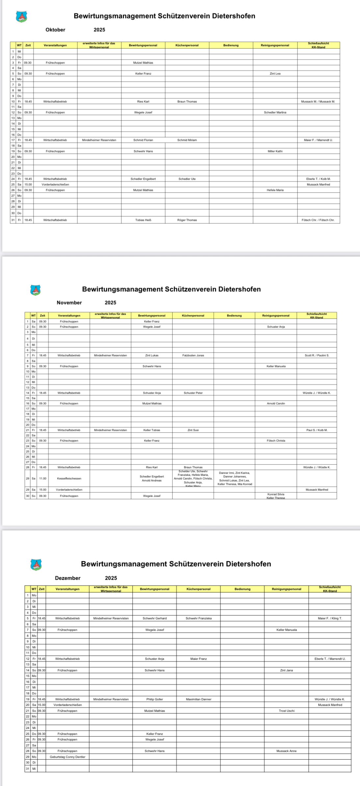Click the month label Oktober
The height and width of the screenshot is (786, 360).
(55, 30)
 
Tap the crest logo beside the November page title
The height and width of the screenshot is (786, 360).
(35, 290)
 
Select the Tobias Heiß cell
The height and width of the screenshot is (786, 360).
(143, 220)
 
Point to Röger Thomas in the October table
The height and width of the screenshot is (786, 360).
(187, 220)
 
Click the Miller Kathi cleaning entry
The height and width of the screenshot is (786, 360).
(275, 151)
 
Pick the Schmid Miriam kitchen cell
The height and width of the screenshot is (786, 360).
(187, 140)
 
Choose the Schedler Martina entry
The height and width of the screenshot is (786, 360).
(275, 113)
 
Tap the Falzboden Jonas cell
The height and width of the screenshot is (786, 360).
(193, 355)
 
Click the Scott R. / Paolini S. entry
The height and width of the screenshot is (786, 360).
(317, 355)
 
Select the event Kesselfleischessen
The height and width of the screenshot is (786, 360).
(69, 479)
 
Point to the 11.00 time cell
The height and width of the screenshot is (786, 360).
(43, 479)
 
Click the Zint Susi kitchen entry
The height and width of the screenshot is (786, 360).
(193, 430)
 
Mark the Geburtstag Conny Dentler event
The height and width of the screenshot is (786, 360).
(67, 757)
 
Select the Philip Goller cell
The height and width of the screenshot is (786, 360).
(155, 699)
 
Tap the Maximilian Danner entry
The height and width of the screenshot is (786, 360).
(198, 699)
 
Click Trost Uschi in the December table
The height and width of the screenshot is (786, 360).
(287, 711)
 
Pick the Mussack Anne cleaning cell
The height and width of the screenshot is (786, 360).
(287, 751)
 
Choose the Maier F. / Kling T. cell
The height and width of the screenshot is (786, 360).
(330, 618)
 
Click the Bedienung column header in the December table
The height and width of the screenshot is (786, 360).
(243, 589)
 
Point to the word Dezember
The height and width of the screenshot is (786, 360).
(67, 578)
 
